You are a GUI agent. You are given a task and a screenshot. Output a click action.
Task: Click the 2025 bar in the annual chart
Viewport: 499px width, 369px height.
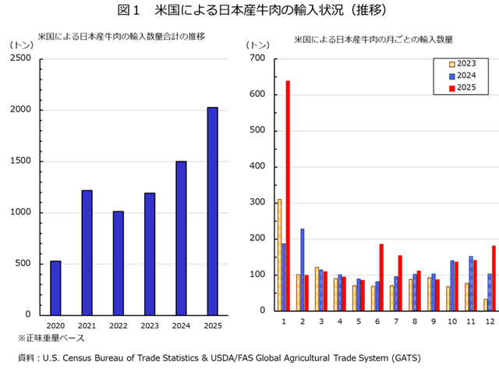click(x=212, y=211)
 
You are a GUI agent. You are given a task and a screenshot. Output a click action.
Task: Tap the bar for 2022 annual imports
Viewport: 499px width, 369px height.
click(x=118, y=262)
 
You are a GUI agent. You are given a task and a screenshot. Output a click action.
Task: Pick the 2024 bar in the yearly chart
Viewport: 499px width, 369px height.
click(x=181, y=237)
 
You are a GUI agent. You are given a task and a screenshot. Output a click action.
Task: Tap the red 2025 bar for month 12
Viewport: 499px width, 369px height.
click(x=494, y=278)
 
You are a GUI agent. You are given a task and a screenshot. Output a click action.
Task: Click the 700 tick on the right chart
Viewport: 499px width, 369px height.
click(x=257, y=59)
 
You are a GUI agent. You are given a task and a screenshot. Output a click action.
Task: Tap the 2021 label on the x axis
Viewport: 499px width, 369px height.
click(x=87, y=325)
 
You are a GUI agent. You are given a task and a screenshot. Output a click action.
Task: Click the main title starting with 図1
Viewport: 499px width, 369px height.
click(x=250, y=11)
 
